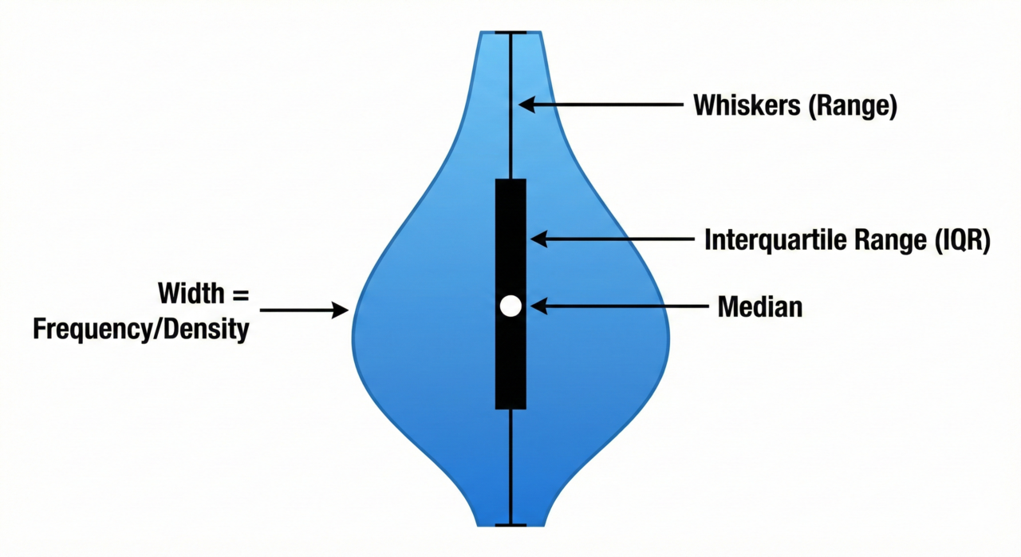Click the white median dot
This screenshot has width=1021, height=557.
pyautogui.click(x=510, y=306)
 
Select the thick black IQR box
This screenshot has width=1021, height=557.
pyautogui.click(x=510, y=239)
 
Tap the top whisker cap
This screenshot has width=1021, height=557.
pyautogui.click(x=510, y=33)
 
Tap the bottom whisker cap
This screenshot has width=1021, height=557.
pyautogui.click(x=510, y=524)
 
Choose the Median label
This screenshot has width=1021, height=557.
pyautogui.click(x=760, y=306)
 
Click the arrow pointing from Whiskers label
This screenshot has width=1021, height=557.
pyautogui.click(x=602, y=104)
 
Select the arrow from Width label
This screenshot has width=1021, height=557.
pyautogui.click(x=303, y=310)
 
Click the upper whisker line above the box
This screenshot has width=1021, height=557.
pyautogui.click(x=510, y=136)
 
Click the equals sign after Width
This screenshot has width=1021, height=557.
pyautogui.click(x=241, y=294)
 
